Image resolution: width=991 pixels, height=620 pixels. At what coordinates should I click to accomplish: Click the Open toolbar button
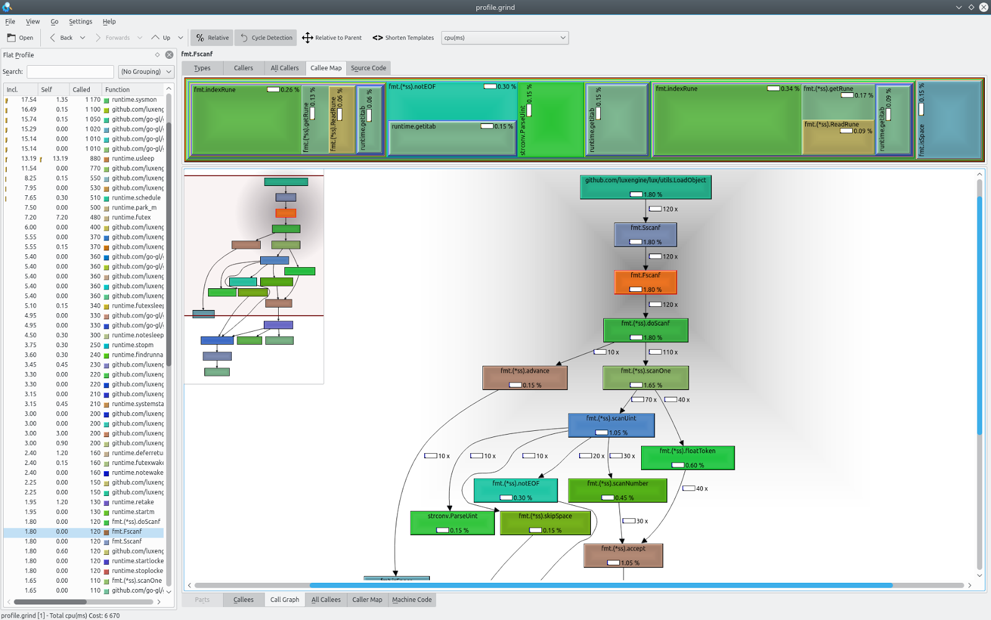click(20, 38)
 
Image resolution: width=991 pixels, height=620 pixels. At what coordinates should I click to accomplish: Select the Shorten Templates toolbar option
click(403, 38)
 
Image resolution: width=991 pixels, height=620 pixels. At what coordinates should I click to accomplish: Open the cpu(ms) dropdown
click(505, 38)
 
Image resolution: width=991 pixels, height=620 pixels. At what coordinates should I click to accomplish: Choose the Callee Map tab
click(326, 68)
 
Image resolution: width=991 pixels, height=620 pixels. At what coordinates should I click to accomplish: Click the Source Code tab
click(368, 68)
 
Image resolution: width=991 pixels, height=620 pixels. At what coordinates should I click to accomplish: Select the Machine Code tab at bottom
click(411, 600)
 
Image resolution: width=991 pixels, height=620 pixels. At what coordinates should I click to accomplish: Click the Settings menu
click(81, 22)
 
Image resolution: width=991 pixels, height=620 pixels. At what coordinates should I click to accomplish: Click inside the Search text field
click(70, 72)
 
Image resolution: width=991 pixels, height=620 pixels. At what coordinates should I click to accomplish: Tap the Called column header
click(81, 89)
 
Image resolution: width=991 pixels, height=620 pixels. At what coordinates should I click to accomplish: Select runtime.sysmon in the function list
click(134, 100)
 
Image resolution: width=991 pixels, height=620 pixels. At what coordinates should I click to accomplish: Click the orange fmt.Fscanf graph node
click(645, 282)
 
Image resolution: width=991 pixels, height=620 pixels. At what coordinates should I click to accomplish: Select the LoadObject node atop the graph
click(645, 187)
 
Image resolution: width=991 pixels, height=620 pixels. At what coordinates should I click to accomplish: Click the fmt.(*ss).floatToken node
click(688, 458)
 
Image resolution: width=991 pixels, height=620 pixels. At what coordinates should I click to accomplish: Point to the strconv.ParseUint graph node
click(452, 523)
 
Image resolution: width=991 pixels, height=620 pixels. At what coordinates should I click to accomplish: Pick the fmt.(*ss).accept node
click(623, 555)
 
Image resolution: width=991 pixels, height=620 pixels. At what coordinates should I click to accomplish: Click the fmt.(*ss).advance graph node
click(525, 377)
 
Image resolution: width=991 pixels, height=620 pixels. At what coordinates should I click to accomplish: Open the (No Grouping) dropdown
click(146, 72)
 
